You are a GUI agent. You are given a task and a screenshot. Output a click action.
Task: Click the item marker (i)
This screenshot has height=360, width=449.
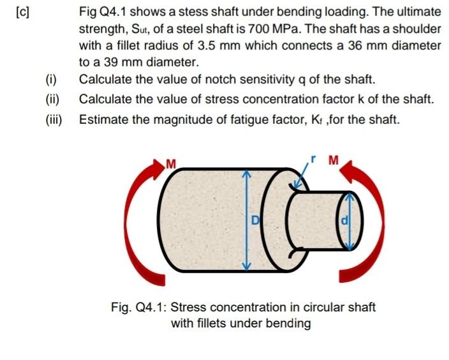coord(52,80)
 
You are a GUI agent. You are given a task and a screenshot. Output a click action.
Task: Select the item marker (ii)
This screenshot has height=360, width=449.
coord(52,100)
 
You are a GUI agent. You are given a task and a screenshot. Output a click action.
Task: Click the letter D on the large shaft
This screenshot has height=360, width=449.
coord(254,221)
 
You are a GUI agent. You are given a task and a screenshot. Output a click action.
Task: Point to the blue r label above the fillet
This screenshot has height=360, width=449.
coord(313,156)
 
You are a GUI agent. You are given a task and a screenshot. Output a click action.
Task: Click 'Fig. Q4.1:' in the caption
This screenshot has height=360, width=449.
coord(138,307)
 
